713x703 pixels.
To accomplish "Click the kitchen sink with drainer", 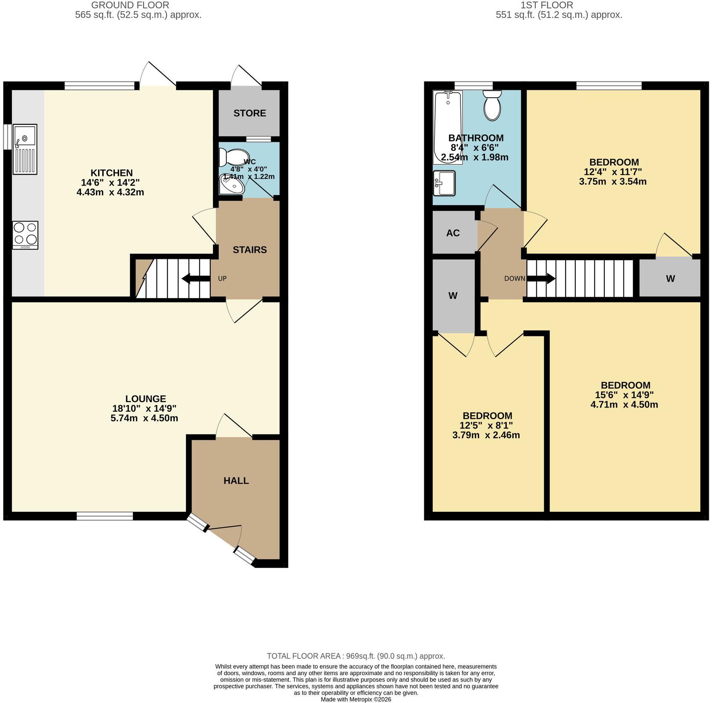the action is (25, 149).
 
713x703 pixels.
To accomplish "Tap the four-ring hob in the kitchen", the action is (25, 235).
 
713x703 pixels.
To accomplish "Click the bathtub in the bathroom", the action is (448, 127).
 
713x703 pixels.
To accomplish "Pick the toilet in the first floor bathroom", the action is (492, 105).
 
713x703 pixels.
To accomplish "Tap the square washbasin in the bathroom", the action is (444, 183).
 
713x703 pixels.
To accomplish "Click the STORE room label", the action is (250, 113).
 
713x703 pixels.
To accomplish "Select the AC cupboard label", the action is (453, 233).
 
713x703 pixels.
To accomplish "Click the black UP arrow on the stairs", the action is (196, 278).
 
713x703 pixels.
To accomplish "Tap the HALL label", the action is (236, 481).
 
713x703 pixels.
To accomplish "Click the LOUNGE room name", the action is (146, 399).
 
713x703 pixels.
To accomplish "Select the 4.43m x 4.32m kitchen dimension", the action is (110, 192).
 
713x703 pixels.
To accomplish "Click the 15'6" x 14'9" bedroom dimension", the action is (624, 395).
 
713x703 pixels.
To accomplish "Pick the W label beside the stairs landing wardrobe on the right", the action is (670, 279).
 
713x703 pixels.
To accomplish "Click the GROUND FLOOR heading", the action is (130, 5).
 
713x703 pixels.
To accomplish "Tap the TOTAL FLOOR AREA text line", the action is (356, 656).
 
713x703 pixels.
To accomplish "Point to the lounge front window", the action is (105, 516).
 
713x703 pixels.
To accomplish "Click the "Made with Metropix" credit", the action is (356, 699).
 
